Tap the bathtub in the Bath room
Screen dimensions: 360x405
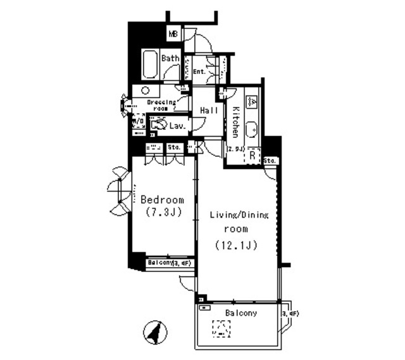pyautogui.click(x=151, y=65)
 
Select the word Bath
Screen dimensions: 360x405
pyautogui.click(x=170, y=58)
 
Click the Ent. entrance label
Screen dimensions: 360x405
pyautogui.click(x=199, y=71)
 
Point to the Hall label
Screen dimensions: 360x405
pyautogui.click(x=209, y=111)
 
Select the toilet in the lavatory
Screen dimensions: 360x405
pyautogui.click(x=158, y=125)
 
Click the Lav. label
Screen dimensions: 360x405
pyautogui.click(x=177, y=126)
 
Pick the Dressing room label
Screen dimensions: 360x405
pyautogui.click(x=161, y=104)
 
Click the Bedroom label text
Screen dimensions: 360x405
pyautogui.click(x=162, y=199)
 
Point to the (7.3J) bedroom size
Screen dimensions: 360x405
pyautogui.click(x=162, y=212)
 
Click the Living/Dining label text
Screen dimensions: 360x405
pyautogui.click(x=239, y=215)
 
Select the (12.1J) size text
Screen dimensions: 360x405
pyautogui.click(x=235, y=244)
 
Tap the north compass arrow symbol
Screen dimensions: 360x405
pyautogui.click(x=153, y=332)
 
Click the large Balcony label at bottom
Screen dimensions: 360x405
pyautogui.click(x=240, y=313)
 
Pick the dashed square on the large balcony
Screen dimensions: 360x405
pyautogui.click(x=221, y=329)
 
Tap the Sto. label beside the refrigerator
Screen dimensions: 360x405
pyautogui.click(x=270, y=161)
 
